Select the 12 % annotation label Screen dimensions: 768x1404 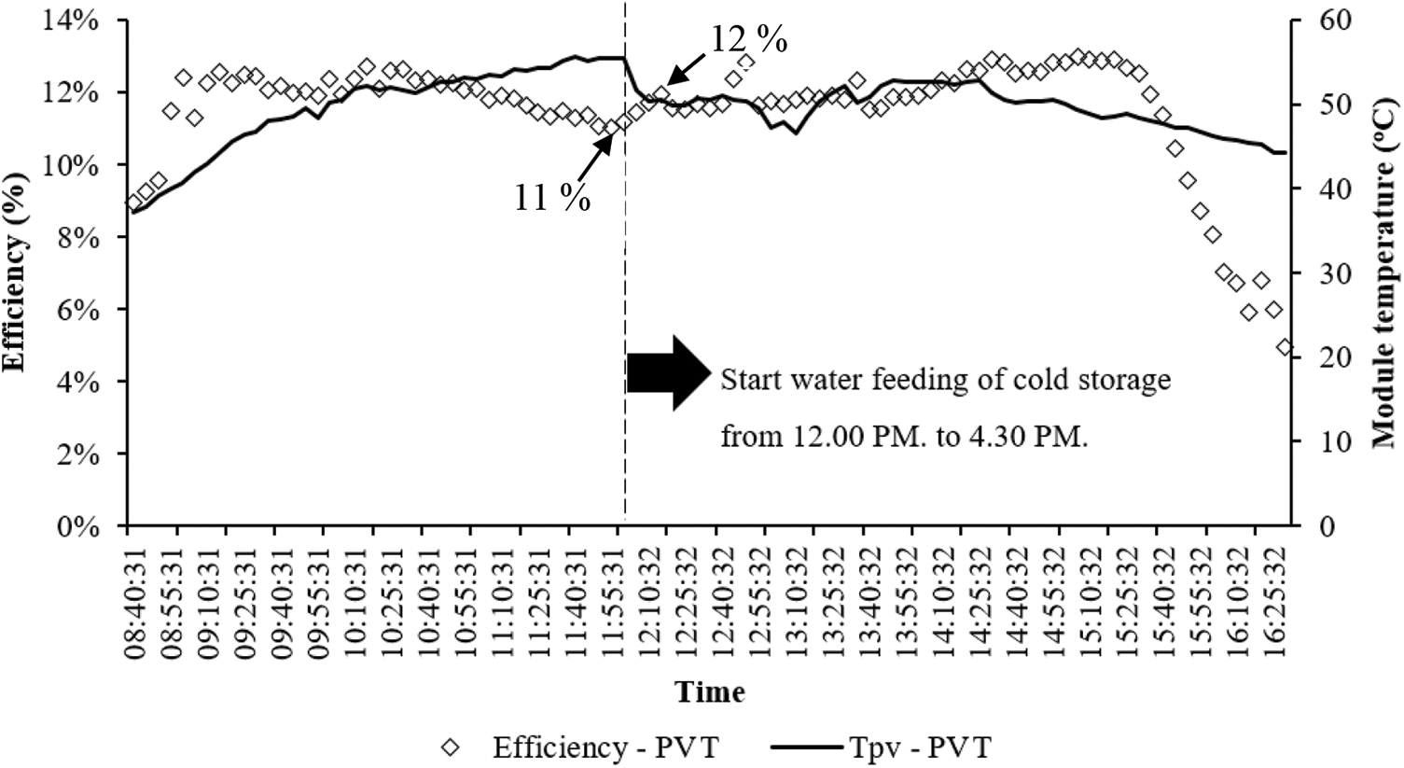click(749, 40)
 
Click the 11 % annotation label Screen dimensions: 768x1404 click(552, 197)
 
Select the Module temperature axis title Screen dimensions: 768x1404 click(1387, 272)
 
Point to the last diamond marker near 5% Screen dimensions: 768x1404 click(1285, 347)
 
